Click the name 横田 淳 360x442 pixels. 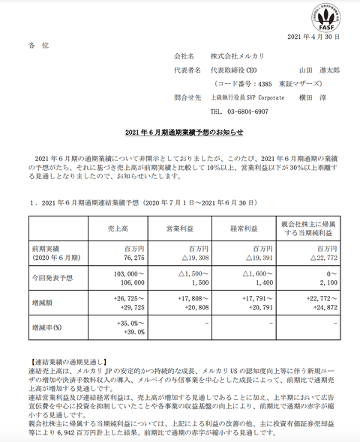318,97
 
